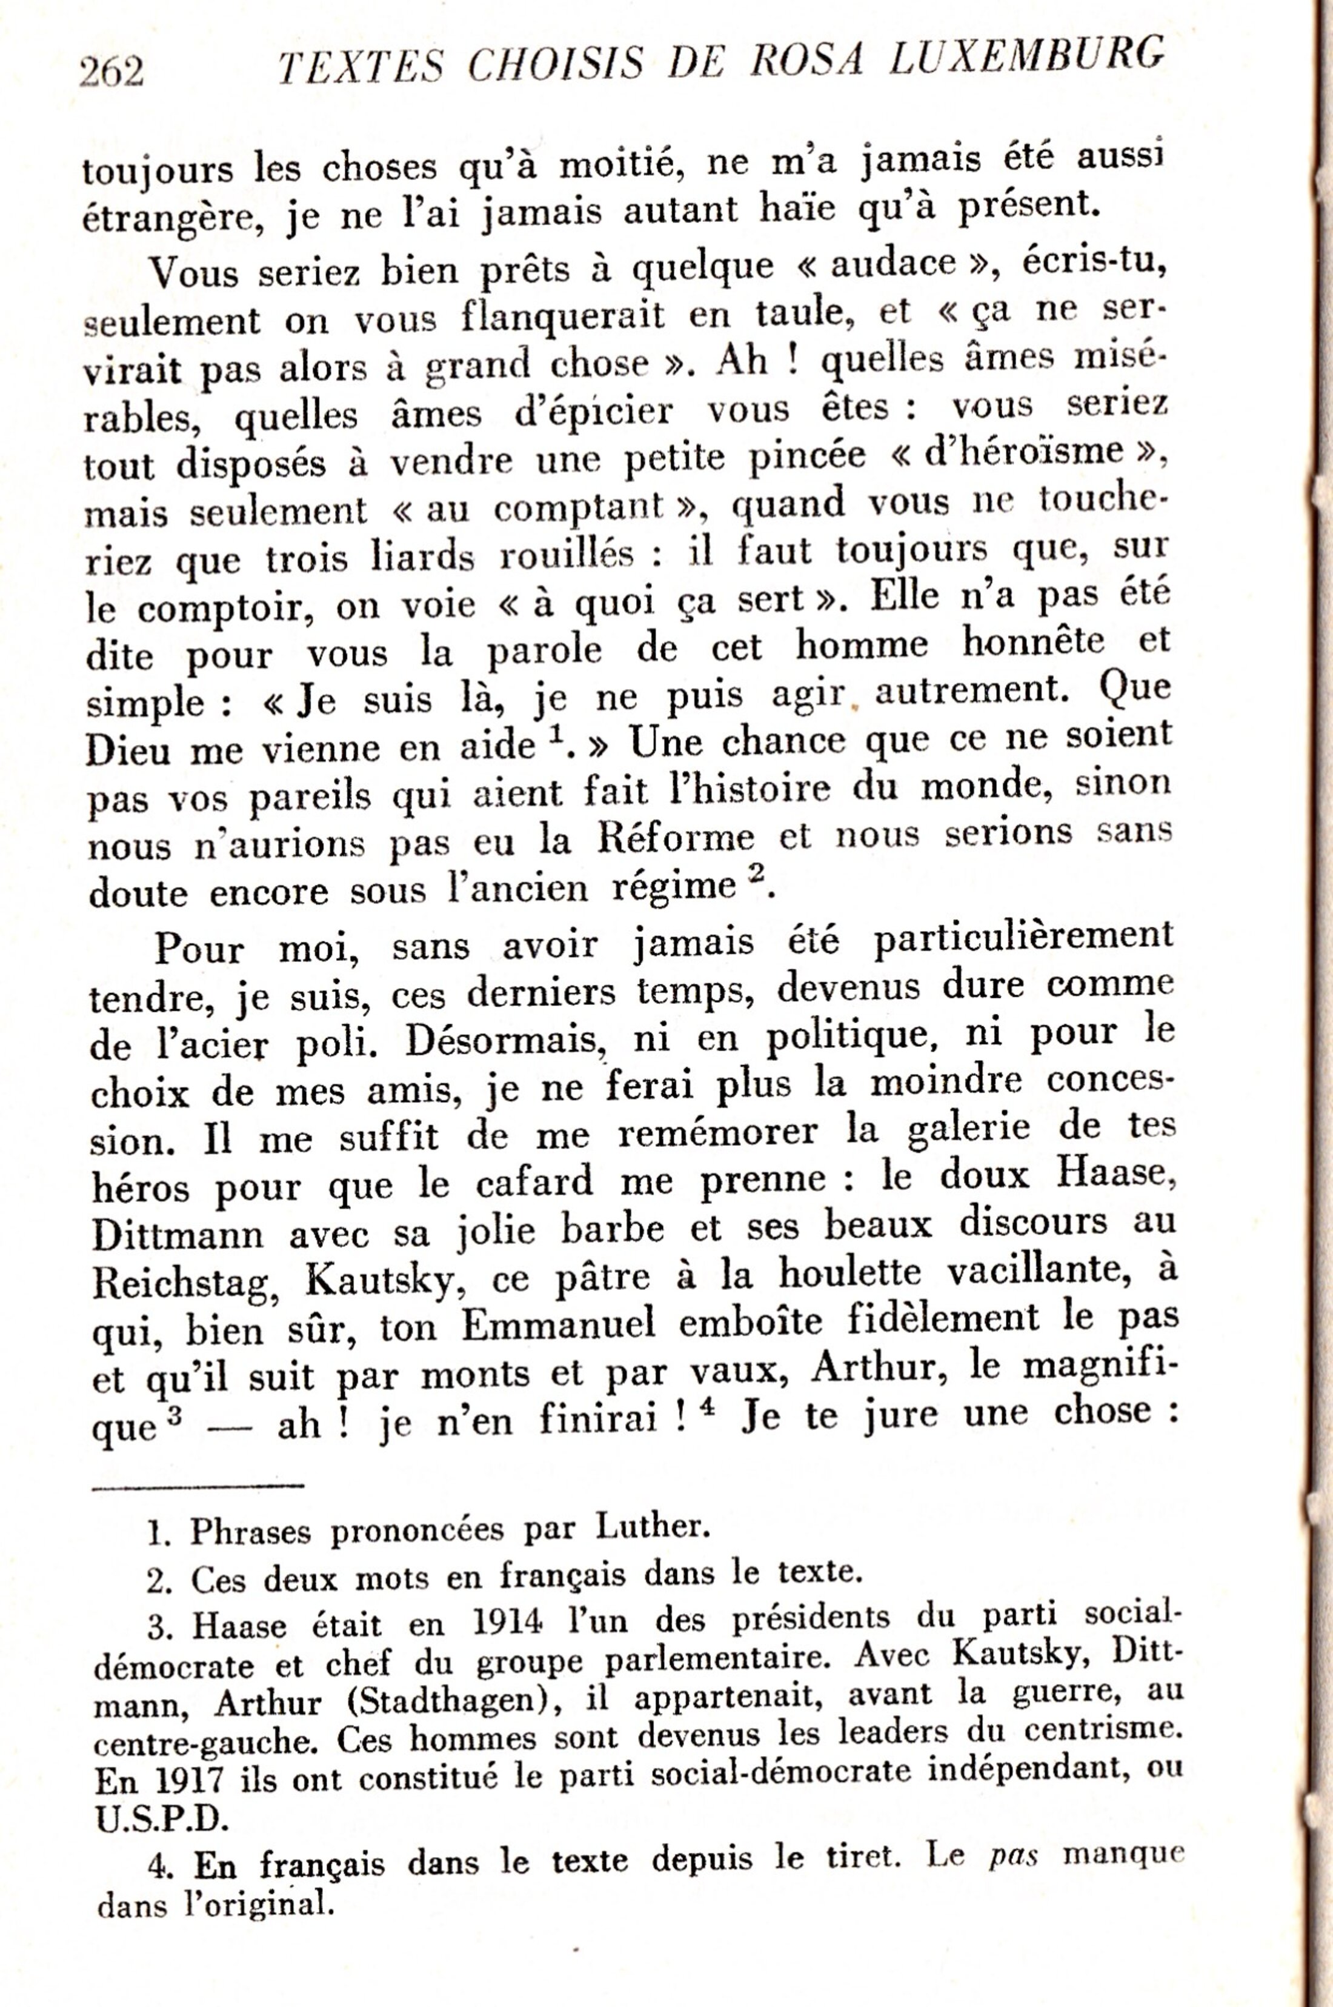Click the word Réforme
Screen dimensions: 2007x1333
[675, 840]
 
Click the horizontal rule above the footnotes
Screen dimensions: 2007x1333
[198, 1486]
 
